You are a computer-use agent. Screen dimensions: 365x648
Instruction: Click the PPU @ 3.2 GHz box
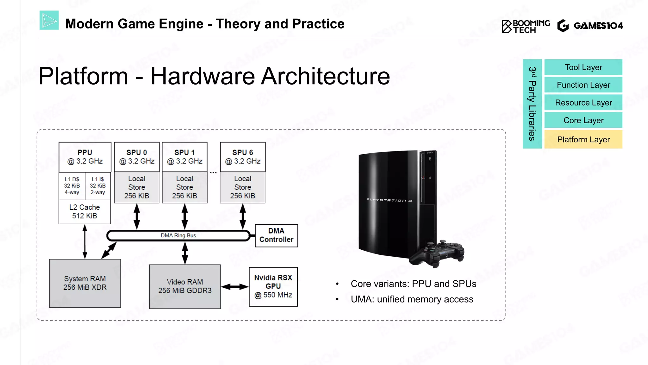pos(85,157)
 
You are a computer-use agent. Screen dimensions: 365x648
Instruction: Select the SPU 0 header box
pos(137,157)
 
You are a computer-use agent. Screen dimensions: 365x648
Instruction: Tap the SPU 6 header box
pos(243,157)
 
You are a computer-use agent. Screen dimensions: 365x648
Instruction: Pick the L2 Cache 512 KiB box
pos(84,212)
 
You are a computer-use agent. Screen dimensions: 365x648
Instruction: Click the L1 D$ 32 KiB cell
pos(72,186)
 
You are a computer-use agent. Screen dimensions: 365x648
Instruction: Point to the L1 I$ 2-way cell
pos(98,186)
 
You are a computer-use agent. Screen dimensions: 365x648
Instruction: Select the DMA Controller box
pos(276,235)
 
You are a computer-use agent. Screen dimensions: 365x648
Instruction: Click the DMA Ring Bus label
pos(178,236)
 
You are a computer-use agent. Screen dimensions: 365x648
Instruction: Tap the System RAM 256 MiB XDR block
pos(85,283)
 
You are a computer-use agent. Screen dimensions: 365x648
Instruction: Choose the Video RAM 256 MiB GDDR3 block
pos(185,286)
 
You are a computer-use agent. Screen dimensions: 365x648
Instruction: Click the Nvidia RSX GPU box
pos(273,286)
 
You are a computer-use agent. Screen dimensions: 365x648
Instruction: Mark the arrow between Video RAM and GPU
pos(234,287)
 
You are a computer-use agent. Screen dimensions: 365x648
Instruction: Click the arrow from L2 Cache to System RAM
pos(85,241)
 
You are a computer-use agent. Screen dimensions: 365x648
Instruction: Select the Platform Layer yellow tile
pos(583,139)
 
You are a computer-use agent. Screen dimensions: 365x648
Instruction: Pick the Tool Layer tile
pos(583,67)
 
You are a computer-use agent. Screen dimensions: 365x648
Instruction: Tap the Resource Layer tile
pos(583,103)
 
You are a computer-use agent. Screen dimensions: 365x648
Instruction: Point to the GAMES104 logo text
pos(598,26)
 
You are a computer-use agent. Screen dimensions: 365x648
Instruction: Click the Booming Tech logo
pos(526,26)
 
